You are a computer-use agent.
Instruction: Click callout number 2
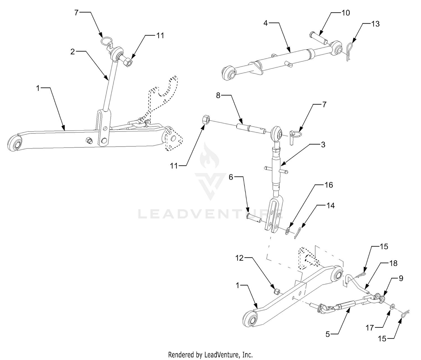pyautogui.click(x=73, y=52)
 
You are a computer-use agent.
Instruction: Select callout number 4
pyautogui.click(x=266, y=23)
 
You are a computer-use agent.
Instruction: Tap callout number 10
pyautogui.click(x=346, y=13)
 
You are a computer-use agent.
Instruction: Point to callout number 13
pyautogui.click(x=376, y=24)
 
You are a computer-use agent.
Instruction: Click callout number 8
pyautogui.click(x=218, y=95)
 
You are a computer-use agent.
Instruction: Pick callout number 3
pyautogui.click(x=323, y=145)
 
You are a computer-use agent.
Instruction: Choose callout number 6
pyautogui.click(x=231, y=177)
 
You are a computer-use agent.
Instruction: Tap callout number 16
pyautogui.click(x=329, y=185)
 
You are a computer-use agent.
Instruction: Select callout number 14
pyautogui.click(x=330, y=206)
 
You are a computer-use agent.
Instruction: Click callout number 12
pyautogui.click(x=239, y=258)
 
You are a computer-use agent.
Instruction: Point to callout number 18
pyautogui.click(x=393, y=263)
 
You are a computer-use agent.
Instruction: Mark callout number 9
pyautogui.click(x=401, y=279)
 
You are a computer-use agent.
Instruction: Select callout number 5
pyautogui.click(x=328, y=334)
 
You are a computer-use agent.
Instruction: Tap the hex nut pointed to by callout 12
pyautogui.click(x=276, y=292)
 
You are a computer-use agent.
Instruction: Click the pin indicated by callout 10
pyautogui.click(x=319, y=38)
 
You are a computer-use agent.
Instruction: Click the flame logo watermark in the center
pyautogui.click(x=210, y=157)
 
